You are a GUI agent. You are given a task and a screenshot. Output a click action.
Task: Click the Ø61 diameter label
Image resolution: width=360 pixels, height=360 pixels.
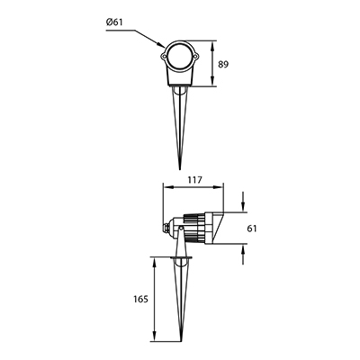[114, 22]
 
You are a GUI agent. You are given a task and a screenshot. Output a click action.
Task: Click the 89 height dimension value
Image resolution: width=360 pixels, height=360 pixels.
[223, 64]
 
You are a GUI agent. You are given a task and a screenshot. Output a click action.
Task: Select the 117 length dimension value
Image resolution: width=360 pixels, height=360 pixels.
[195, 180]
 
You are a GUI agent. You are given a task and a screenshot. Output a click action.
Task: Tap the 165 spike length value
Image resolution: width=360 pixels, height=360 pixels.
[140, 299]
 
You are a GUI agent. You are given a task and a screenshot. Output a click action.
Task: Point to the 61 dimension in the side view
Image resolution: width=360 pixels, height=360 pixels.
[252, 229]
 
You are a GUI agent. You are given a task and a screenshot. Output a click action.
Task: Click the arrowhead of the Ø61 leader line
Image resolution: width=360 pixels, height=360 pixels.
[161, 45]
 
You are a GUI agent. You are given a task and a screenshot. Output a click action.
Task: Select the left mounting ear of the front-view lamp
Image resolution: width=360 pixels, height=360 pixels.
[164, 56]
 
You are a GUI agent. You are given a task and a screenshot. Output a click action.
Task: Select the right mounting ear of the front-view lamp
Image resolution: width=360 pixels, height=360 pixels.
[195, 56]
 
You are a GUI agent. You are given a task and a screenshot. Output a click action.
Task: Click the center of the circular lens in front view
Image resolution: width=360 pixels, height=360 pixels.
[179, 56]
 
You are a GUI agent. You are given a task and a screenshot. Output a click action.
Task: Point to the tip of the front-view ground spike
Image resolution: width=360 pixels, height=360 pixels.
[180, 169]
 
